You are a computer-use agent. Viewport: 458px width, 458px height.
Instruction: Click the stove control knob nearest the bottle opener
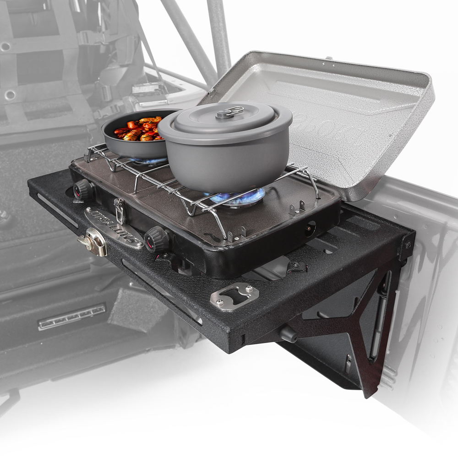(x=157, y=239)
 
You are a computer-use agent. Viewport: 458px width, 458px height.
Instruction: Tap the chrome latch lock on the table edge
(x=94, y=241)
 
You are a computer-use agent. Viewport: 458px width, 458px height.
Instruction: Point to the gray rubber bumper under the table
(x=287, y=333)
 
